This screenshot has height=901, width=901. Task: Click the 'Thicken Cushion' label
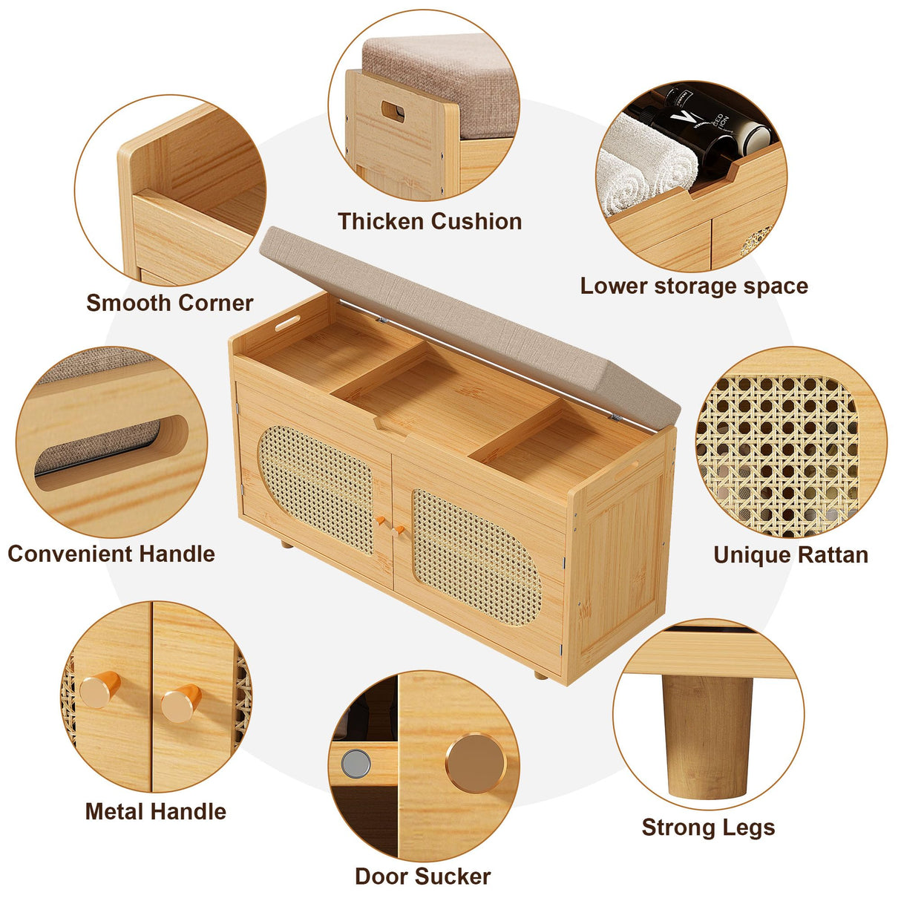pos(430,222)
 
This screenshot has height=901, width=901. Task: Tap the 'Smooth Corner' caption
pos(170,303)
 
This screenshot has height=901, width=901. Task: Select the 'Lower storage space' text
pos(694,286)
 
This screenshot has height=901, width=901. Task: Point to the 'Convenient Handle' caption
pos(111,554)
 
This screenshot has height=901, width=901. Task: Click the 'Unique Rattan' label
pos(790,555)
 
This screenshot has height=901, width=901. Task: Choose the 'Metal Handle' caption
pos(156,811)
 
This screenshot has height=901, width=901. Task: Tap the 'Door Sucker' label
pos(423,876)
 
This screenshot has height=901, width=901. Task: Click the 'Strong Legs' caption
pos(708,827)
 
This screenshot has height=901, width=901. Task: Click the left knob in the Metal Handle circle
pos(99,688)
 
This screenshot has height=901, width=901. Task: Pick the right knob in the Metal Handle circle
pos(181,703)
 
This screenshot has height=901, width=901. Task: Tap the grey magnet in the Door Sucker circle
pos(356,764)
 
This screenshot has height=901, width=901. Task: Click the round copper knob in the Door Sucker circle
pos(476,763)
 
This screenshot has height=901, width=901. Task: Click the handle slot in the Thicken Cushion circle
pos(393,111)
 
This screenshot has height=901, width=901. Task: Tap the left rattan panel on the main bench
pos(316,489)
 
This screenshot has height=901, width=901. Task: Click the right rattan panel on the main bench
pos(476,557)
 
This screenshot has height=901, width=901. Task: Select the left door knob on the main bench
pos(380,520)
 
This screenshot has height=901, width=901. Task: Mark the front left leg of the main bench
pos(286,544)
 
